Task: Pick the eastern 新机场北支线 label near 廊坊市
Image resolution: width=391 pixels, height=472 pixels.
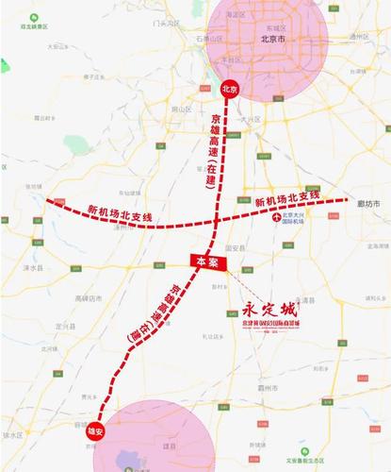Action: tap(287, 199)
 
